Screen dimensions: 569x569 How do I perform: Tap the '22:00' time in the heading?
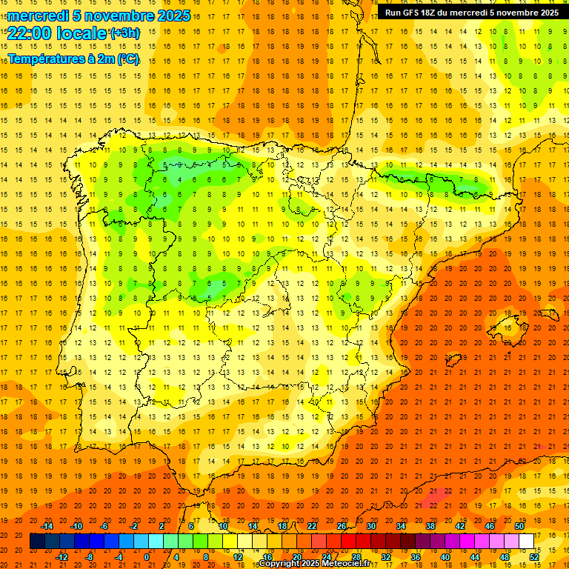pos(27,33)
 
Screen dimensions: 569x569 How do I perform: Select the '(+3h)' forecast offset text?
pos(124,33)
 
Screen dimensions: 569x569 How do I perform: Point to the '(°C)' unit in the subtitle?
pos(128,59)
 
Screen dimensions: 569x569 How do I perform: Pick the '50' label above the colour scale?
pos(519,526)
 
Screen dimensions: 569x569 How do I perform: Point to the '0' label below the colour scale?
pos(147,556)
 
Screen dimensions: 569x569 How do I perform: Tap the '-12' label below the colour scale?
pos(61,556)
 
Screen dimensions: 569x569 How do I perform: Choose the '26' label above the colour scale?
pos(342,526)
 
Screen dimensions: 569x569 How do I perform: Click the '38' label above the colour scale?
pos(430,526)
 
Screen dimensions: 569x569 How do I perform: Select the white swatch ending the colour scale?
pos(526,541)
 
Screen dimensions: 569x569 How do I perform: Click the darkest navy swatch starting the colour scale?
pos(37,541)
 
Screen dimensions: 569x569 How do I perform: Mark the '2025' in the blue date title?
pos(173,16)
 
